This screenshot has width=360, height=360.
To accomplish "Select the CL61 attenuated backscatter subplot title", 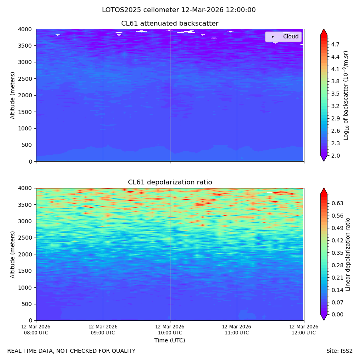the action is pos(170,24).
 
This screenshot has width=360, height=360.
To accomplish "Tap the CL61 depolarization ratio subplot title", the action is pos(170,182).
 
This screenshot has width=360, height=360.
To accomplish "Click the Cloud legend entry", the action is pos(283,36).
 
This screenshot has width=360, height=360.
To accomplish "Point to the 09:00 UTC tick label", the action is pos(103,330).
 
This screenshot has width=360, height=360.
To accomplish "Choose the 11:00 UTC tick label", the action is pos(237,330).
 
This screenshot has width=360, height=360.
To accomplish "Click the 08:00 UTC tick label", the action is pos(36,330).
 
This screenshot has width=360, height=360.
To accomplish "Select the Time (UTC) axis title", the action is pos(170,340).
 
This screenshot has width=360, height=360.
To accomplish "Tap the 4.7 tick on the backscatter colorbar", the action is pos(335,44).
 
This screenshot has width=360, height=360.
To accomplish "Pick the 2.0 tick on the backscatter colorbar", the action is pos(335,156).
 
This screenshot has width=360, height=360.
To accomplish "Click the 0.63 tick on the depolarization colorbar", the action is pos(338,203).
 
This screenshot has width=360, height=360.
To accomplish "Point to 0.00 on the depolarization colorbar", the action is pos(338,314).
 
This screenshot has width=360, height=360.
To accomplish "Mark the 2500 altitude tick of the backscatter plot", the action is pos(25,79).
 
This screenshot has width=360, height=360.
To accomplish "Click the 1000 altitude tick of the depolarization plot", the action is pos(25,288).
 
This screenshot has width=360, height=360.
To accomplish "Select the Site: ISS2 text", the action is pos(339,351).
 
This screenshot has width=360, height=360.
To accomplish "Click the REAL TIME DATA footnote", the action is pos(72,351).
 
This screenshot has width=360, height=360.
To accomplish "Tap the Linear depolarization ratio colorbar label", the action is pos(348,254).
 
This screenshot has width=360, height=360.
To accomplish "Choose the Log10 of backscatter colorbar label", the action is pos(346,96).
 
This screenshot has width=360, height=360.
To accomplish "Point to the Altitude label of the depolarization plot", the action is pos(12,254).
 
